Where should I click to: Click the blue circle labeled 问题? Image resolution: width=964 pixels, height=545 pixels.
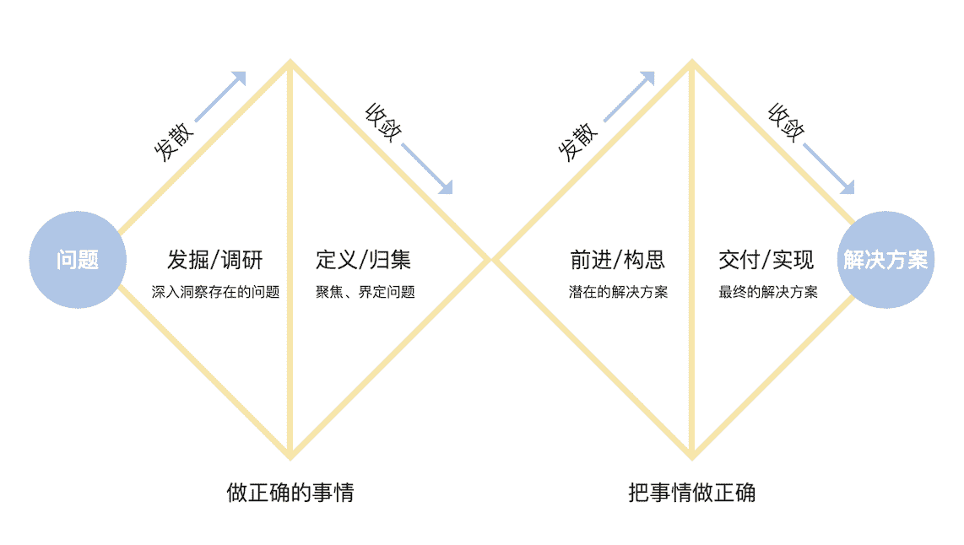click(x=78, y=260)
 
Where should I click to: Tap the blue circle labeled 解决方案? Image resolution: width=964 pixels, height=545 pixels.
click(x=885, y=260)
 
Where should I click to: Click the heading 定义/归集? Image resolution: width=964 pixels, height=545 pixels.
click(x=364, y=260)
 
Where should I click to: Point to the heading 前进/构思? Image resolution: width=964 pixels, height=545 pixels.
click(x=617, y=260)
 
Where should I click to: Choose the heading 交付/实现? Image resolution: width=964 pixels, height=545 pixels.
click(x=766, y=260)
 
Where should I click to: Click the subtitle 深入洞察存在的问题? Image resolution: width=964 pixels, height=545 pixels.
click(x=215, y=292)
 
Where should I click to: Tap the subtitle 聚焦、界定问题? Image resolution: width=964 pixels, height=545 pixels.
click(x=366, y=292)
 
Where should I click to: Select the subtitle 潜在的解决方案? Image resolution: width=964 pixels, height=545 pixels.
click(x=618, y=292)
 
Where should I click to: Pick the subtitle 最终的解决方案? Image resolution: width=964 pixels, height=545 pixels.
click(x=768, y=292)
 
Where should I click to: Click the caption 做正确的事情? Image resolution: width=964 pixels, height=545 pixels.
click(x=290, y=492)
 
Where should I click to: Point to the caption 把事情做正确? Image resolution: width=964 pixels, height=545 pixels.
click(x=692, y=492)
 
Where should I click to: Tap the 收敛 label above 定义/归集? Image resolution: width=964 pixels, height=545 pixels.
click(x=382, y=123)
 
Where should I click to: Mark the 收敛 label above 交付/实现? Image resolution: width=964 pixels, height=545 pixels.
click(x=785, y=123)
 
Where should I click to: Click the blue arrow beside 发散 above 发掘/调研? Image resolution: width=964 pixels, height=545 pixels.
click(x=220, y=97)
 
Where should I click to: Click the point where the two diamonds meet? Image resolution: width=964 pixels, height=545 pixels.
click(x=491, y=260)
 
